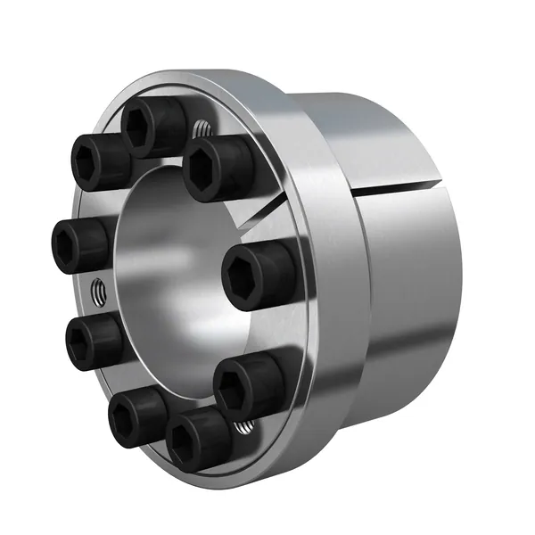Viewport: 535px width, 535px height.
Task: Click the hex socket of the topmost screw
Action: [x=143, y=127]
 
